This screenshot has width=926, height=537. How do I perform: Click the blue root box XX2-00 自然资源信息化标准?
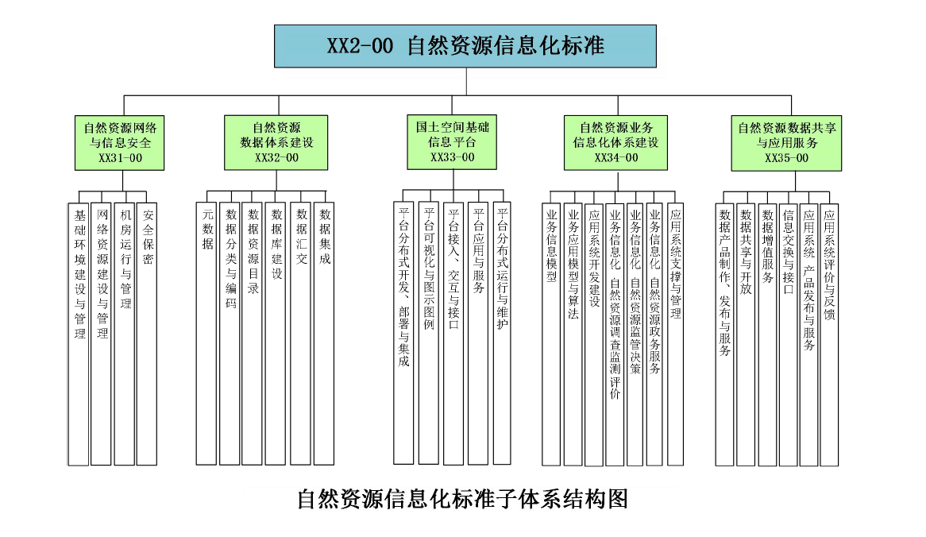coord(465,46)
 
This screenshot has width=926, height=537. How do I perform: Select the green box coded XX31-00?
coord(120,143)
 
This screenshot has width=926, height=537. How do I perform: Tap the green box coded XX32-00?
coord(276,143)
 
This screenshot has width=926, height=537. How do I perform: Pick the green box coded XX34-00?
coord(615,143)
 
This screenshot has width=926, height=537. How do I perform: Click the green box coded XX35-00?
coord(786,143)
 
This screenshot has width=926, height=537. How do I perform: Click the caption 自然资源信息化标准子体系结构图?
coord(462,499)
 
